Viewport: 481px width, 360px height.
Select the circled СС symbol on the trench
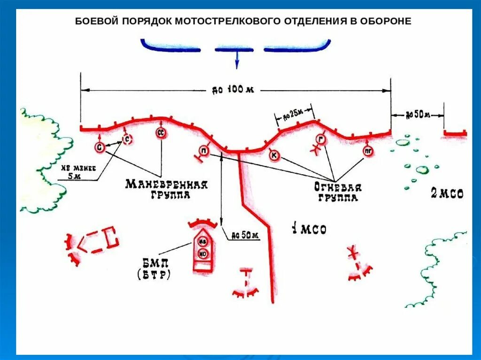[160, 134]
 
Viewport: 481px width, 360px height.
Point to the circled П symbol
[204, 150]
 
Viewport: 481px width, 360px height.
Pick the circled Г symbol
[321, 139]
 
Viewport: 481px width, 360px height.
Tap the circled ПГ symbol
[368, 151]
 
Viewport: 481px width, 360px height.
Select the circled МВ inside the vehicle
[203, 242]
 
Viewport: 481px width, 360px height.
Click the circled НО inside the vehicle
[203, 254]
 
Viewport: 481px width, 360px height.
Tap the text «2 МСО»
[447, 193]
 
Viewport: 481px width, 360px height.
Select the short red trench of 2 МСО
[455, 134]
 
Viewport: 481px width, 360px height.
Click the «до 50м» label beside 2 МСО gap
[417, 114]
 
